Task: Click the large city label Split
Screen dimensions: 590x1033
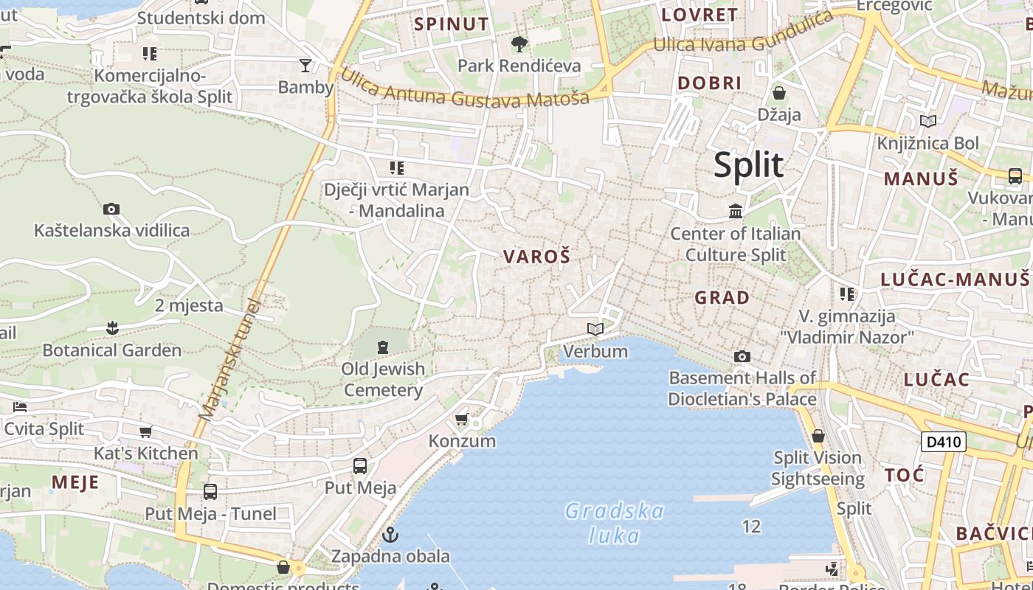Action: (x=748, y=164)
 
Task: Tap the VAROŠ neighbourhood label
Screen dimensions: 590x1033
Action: (x=536, y=257)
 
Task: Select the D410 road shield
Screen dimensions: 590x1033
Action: (x=944, y=442)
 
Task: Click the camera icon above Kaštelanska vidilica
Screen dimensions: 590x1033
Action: (x=111, y=209)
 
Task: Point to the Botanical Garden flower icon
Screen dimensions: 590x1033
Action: (x=112, y=327)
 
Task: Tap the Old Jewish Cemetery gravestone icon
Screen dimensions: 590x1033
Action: (x=382, y=346)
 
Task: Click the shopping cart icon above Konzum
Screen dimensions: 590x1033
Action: (x=462, y=419)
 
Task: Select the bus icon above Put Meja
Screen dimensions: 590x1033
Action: (x=360, y=465)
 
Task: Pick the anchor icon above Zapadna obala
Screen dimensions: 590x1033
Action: (x=390, y=534)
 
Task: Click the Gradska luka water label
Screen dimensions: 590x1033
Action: (x=615, y=522)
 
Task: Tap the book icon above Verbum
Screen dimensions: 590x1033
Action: (x=595, y=329)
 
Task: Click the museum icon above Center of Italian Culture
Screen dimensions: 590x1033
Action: (x=735, y=212)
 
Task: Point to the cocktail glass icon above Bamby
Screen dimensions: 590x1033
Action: (x=305, y=65)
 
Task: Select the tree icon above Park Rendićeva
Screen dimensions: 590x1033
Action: (x=519, y=44)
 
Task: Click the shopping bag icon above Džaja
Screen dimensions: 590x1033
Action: (x=778, y=93)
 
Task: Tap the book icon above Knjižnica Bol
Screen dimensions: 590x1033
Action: (x=927, y=121)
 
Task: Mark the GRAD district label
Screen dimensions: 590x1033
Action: (x=722, y=298)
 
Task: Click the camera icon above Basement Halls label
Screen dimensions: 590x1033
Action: (x=742, y=357)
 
